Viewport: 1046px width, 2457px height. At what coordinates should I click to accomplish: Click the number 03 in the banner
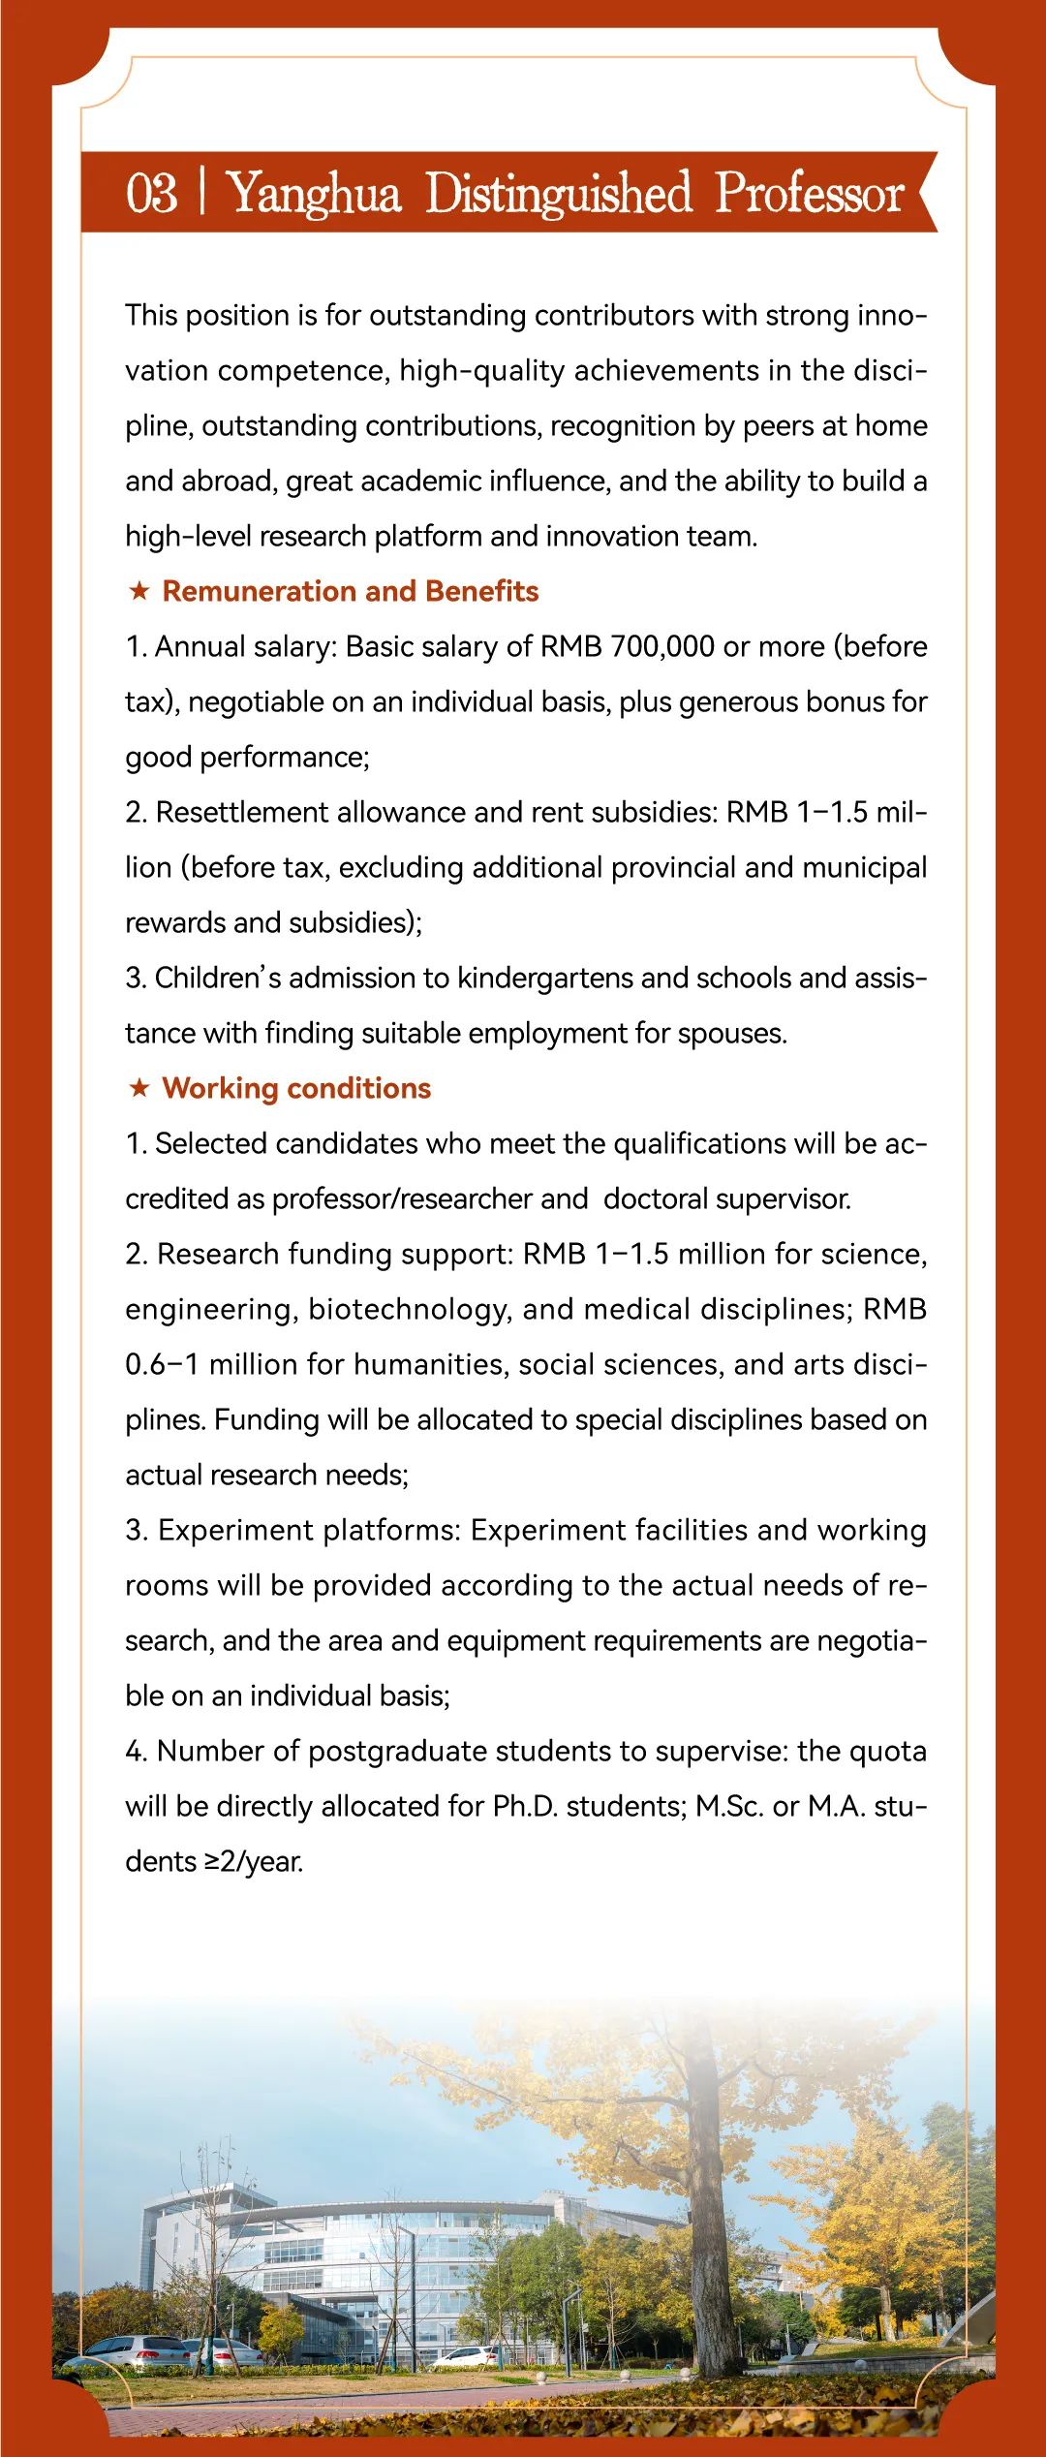152,192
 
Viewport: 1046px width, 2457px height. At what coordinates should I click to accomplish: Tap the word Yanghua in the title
314,194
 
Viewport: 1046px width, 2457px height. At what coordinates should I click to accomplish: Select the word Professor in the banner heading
810,192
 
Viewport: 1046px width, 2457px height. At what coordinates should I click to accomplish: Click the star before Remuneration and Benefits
139,591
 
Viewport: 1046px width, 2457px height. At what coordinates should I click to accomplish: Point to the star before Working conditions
139,1088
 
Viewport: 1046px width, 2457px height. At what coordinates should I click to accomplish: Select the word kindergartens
544,979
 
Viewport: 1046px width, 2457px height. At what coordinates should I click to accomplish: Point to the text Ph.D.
525,1807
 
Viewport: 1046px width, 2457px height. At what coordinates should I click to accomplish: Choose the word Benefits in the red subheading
481,591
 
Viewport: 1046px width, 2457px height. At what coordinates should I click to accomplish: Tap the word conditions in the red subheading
358,1089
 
